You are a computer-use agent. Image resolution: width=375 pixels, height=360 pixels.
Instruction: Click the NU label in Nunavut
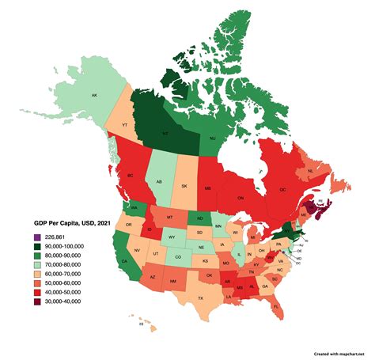(x=214, y=138)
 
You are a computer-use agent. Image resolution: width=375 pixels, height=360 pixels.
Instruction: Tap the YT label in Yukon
(x=125, y=123)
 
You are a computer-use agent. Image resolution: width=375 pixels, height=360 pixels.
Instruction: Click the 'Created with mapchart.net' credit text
(x=342, y=353)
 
